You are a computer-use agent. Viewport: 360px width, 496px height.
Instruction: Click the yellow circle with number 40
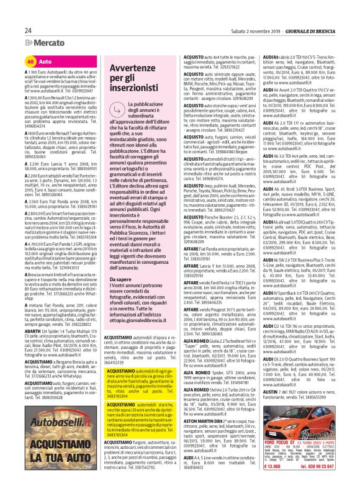pyautogui.click(x=30, y=62)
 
